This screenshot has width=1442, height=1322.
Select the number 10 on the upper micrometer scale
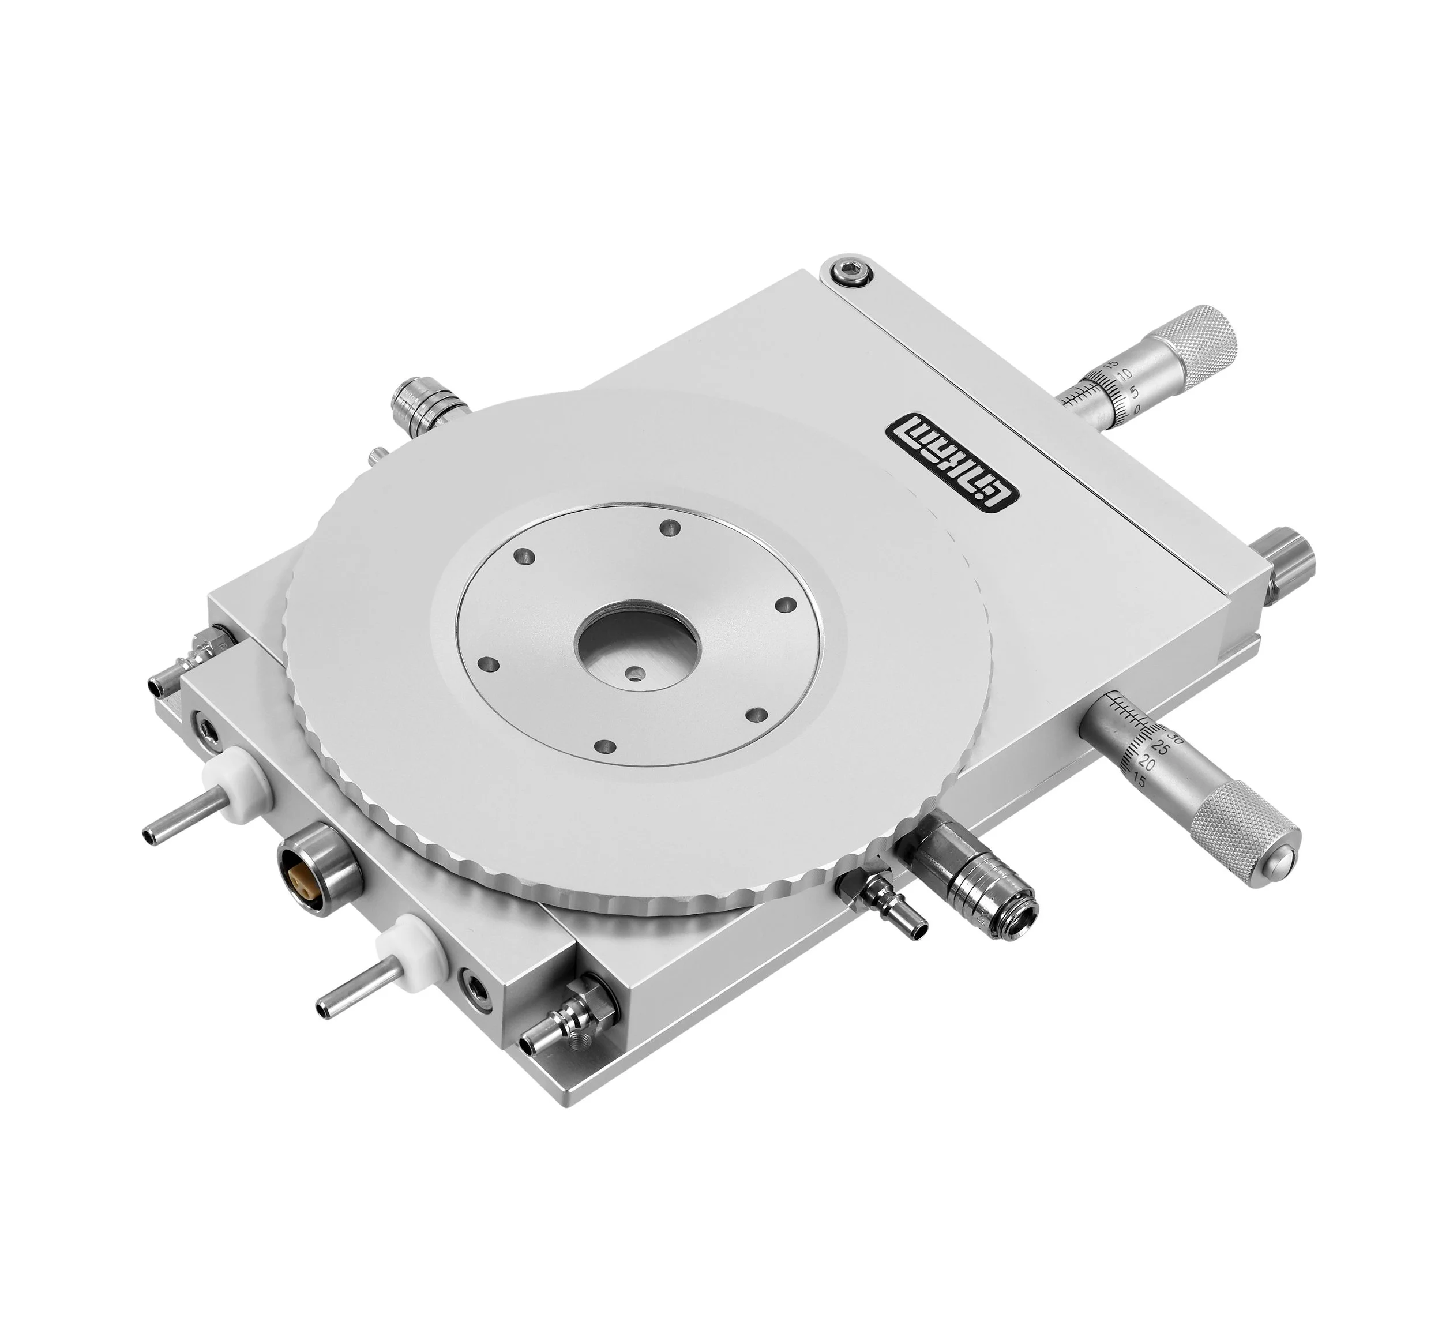(1126, 374)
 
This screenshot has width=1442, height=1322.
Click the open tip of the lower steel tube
(322, 1009)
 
